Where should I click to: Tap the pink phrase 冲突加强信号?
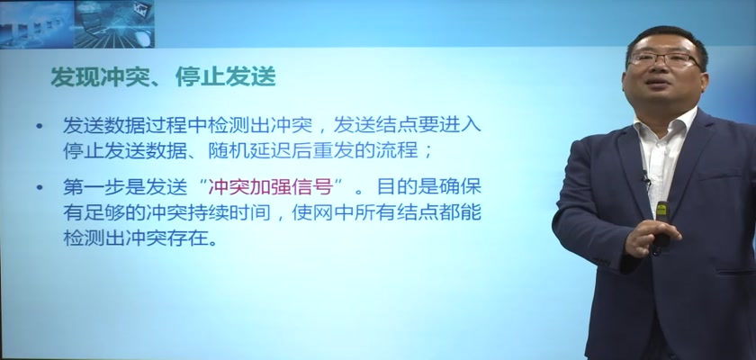[x=271, y=186]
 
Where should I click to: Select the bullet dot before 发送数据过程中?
[x=39, y=126]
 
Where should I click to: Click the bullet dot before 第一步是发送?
[x=39, y=187]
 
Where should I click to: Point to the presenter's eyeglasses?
[x=664, y=59]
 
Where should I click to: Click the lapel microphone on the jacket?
[x=645, y=177]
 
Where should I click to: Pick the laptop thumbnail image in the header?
[x=114, y=23]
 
